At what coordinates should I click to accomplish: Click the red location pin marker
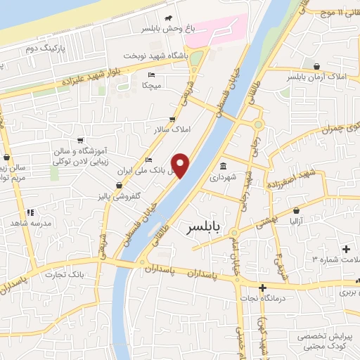(x=181, y=165)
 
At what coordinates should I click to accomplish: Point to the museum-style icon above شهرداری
(x=223, y=167)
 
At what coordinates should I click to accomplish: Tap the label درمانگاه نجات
(x=262, y=298)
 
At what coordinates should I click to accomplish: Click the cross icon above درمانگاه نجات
(x=262, y=288)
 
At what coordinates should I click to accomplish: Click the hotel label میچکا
(x=153, y=85)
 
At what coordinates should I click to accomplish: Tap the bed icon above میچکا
(x=153, y=75)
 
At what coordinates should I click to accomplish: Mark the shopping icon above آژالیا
(x=297, y=210)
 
